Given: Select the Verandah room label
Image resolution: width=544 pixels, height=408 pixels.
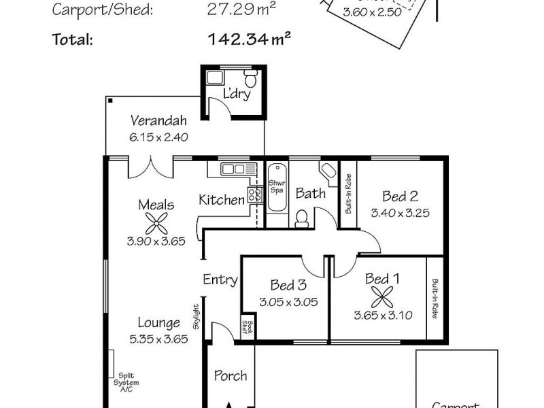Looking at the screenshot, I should click(158, 122).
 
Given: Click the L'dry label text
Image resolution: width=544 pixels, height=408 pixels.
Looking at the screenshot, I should click(237, 94).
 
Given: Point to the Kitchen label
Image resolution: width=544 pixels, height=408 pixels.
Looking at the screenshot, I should click(221, 200).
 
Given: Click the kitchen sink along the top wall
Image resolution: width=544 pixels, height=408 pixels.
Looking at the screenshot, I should click(232, 169).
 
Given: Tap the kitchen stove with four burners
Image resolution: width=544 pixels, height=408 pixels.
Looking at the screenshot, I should click(255, 194).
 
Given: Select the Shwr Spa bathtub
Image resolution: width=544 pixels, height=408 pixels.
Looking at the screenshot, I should click(276, 194).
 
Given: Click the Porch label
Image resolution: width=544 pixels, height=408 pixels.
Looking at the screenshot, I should click(231, 375).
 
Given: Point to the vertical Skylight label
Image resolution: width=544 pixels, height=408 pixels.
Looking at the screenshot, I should click(196, 316).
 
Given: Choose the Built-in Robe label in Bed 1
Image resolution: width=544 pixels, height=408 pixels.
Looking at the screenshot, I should click(433, 299).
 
